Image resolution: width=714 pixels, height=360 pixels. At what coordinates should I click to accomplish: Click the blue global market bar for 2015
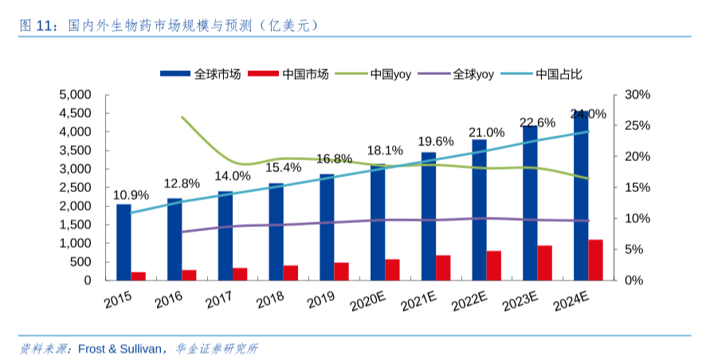click(124, 242)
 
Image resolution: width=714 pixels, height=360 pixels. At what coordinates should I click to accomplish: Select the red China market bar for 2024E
click(595, 260)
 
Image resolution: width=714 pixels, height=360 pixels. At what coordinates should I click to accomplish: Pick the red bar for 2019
click(341, 272)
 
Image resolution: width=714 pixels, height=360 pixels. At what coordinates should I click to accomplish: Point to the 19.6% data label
click(436, 142)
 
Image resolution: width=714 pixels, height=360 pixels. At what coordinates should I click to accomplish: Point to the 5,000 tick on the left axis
click(76, 95)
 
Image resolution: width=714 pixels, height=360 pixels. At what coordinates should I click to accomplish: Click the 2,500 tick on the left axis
click(76, 187)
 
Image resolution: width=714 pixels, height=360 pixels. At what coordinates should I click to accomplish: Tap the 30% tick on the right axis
click(637, 95)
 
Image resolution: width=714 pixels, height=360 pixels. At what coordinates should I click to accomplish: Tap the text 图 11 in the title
click(36, 25)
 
